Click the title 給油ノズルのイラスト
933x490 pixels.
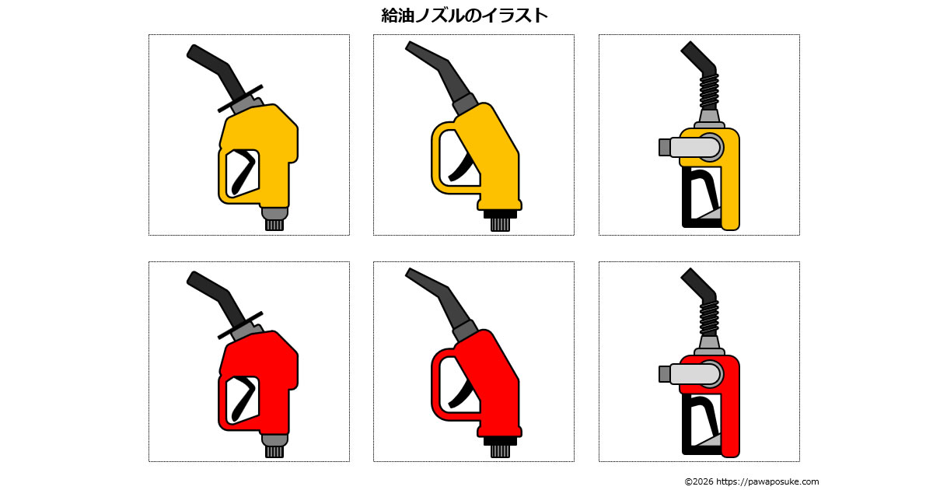click(x=464, y=16)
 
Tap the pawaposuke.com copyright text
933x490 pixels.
click(x=752, y=481)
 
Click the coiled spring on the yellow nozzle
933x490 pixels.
click(x=709, y=92)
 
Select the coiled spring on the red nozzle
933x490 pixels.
click(x=709, y=319)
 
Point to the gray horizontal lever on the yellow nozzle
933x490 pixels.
click(x=690, y=148)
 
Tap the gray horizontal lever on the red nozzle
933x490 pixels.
click(x=690, y=374)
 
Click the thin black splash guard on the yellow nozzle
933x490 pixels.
click(x=240, y=99)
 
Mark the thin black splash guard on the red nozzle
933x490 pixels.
click(x=240, y=325)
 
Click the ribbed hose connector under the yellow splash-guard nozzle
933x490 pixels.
click(x=274, y=225)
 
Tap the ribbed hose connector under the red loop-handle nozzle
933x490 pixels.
click(x=500, y=451)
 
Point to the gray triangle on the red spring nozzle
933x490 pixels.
click(x=709, y=440)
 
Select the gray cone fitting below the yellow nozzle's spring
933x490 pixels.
click(x=709, y=117)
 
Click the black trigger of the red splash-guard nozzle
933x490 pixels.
click(x=244, y=398)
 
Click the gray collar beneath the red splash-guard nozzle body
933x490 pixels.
click(x=274, y=439)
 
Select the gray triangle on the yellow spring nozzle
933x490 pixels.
click(x=709, y=213)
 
